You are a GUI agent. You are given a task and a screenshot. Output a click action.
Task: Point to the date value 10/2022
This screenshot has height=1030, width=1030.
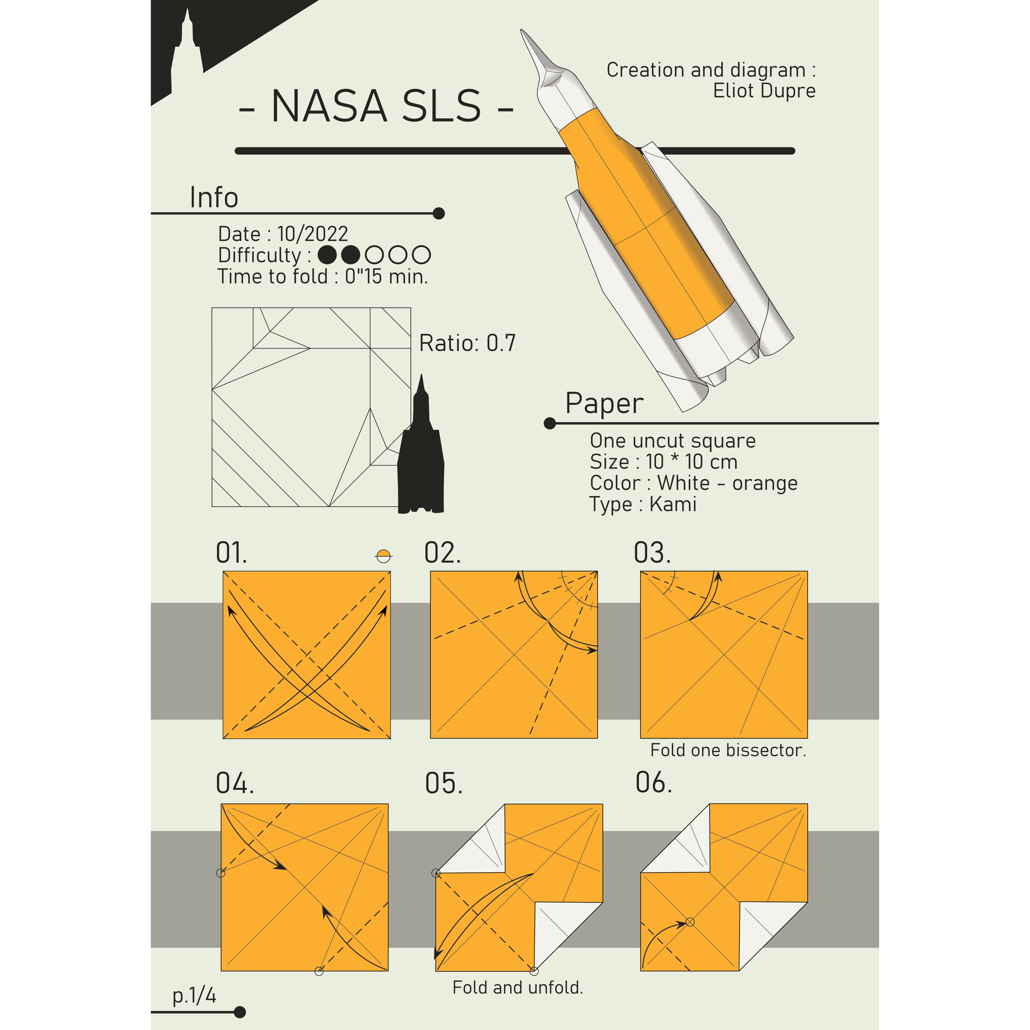pos(312,234)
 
